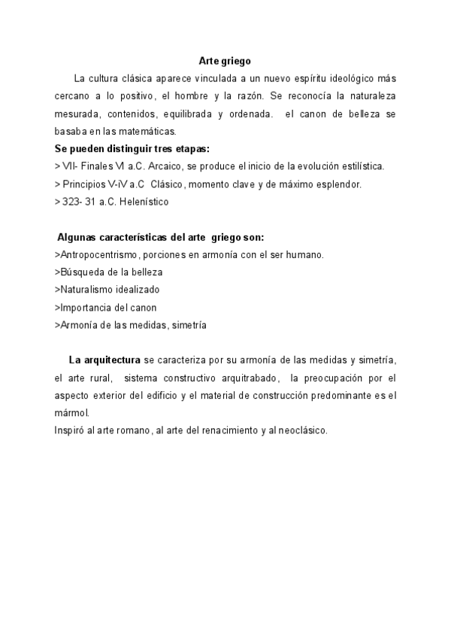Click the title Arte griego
point(225,61)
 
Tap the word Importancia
point(85,307)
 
